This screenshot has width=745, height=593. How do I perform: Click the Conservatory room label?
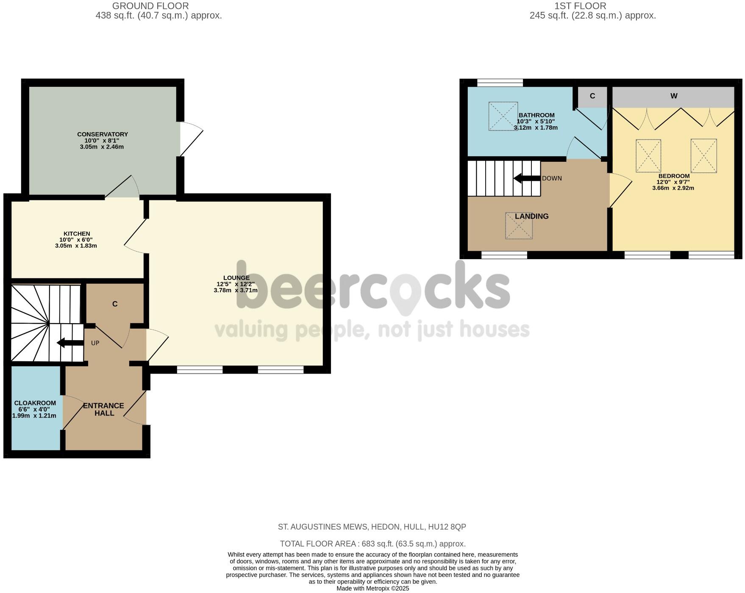click(x=102, y=134)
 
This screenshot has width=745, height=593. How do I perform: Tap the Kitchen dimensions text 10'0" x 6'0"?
click(x=76, y=240)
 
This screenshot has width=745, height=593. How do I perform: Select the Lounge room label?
click(x=236, y=278)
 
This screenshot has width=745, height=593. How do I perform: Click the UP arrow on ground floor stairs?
click(x=70, y=343)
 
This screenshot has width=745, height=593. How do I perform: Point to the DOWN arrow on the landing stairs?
click(x=527, y=178)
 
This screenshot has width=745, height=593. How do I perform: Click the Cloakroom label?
click(x=35, y=403)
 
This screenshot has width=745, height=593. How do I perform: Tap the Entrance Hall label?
click(x=104, y=409)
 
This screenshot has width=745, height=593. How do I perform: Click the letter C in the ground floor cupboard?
click(x=115, y=304)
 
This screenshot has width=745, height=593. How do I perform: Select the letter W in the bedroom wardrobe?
click(x=674, y=96)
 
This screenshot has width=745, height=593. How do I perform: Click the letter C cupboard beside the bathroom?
click(x=592, y=96)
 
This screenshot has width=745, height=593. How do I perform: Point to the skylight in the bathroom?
click(x=503, y=116)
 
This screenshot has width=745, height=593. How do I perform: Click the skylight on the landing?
click(x=519, y=226)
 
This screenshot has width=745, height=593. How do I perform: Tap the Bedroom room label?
click(x=674, y=176)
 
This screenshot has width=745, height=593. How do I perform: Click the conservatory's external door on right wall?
click(x=190, y=139)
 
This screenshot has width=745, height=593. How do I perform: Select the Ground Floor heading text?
click(x=150, y=6)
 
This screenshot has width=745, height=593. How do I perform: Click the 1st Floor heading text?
click(x=580, y=6)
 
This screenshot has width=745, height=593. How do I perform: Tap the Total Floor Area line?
click(x=372, y=544)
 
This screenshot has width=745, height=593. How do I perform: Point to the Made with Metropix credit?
click(x=372, y=588)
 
